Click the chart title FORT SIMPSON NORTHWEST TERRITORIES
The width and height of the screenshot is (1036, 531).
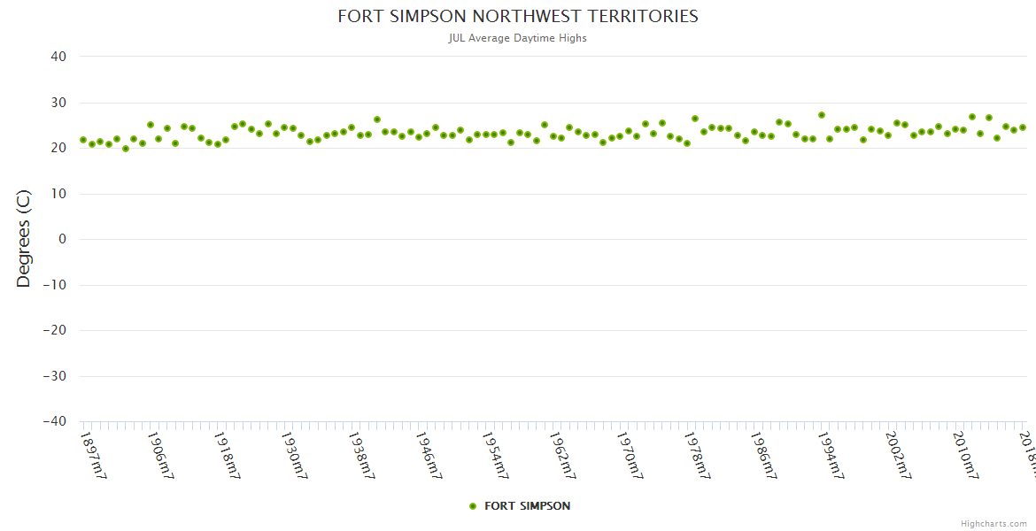(x=518, y=17)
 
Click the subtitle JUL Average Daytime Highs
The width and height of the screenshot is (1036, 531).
(x=518, y=38)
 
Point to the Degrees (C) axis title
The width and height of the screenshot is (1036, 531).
(x=24, y=238)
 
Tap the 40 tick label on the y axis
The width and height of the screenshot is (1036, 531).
(x=58, y=57)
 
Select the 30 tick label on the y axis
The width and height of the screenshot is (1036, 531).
(x=58, y=103)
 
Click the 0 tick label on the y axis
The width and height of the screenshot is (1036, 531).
(x=62, y=239)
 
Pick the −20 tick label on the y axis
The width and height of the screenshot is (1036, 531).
(x=54, y=330)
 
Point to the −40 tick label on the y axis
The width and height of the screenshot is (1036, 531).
(x=54, y=421)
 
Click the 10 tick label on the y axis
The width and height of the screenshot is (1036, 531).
(x=58, y=194)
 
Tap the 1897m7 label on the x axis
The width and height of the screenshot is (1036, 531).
(x=93, y=455)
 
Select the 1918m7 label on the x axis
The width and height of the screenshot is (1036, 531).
(x=228, y=455)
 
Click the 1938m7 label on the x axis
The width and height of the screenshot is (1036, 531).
(x=362, y=455)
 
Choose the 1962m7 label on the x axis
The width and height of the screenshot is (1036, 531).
(x=564, y=455)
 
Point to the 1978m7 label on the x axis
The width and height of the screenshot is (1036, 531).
(x=699, y=455)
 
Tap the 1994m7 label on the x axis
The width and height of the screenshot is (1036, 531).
(x=833, y=455)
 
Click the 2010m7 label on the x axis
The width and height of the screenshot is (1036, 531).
(x=968, y=455)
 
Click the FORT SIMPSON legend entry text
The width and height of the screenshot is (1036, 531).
(x=528, y=506)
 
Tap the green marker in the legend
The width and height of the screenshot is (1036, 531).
(x=473, y=506)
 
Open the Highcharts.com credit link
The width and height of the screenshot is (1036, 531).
(x=994, y=523)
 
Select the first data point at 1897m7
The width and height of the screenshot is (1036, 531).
(x=83, y=140)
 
